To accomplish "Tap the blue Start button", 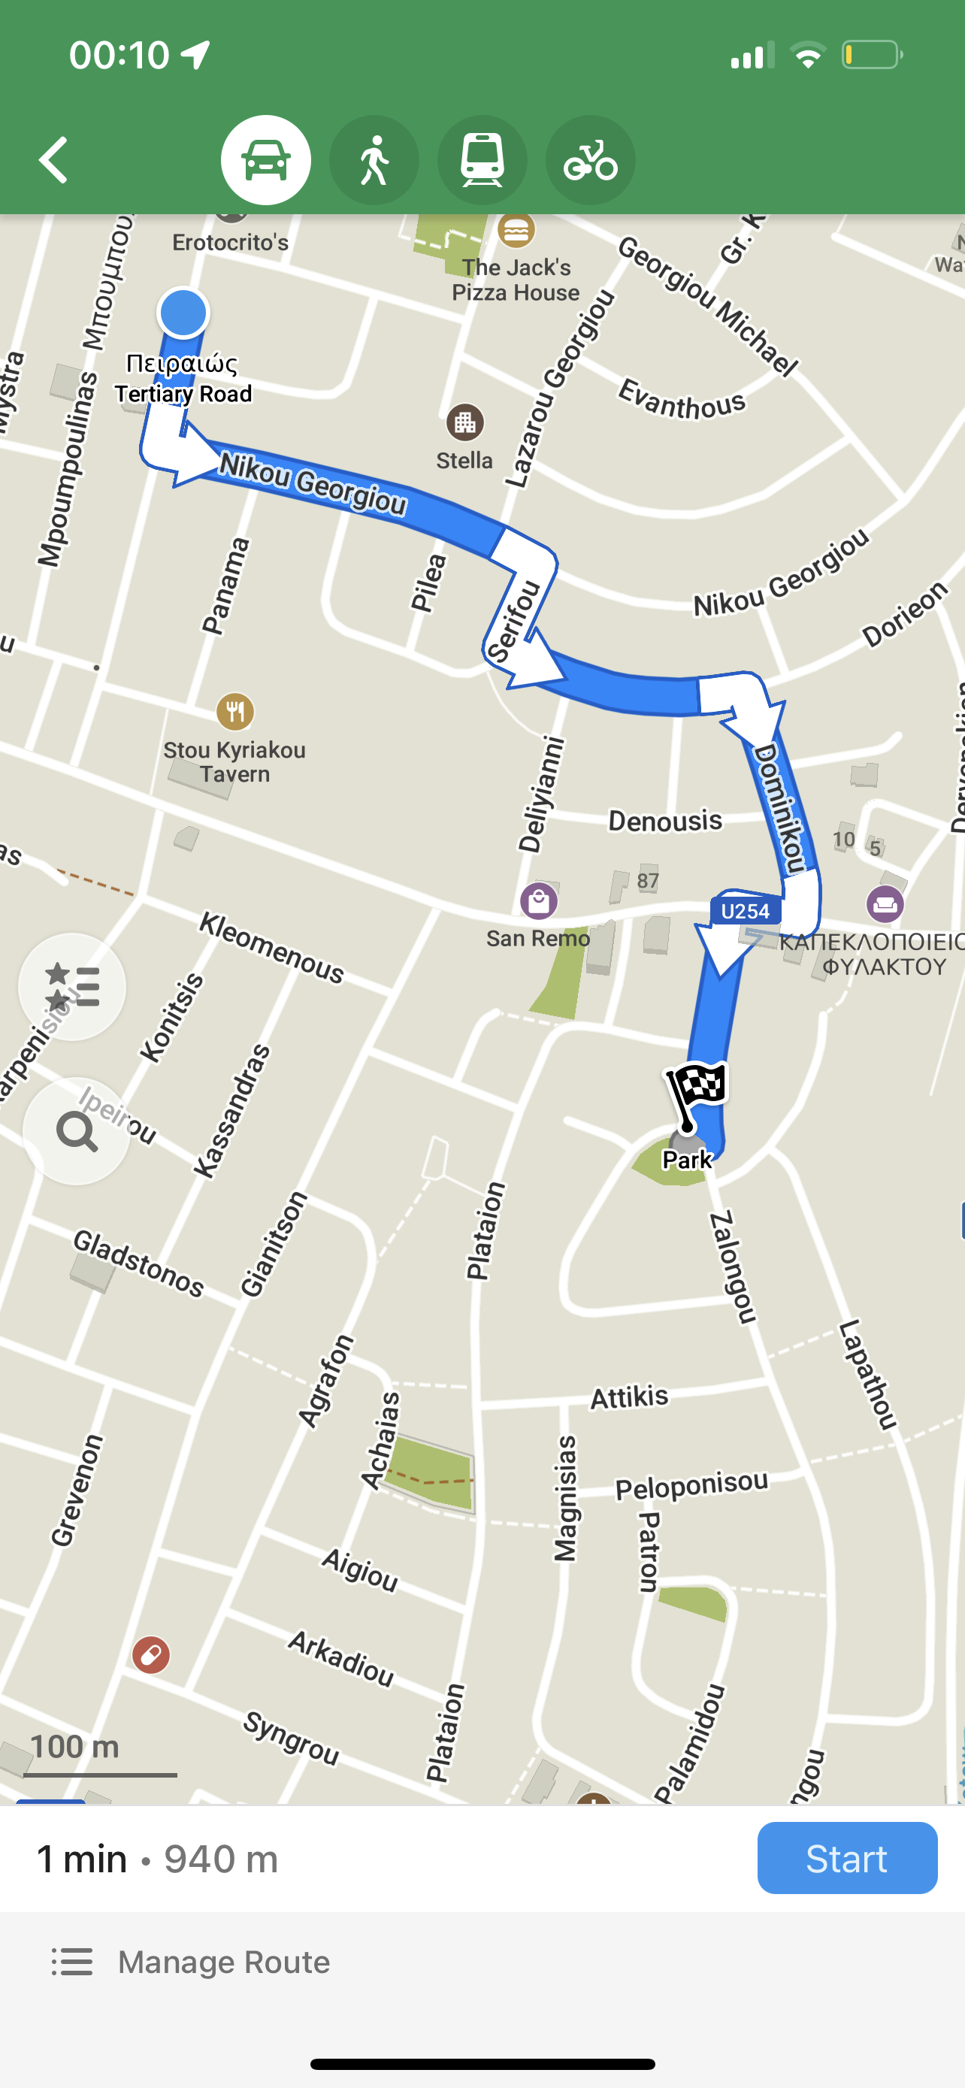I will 847,1859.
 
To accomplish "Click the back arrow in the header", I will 54,159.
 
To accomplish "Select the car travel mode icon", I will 266,159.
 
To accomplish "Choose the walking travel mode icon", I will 374,159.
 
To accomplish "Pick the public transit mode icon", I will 482,159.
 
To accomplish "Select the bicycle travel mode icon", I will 590,159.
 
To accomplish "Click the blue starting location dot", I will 183,313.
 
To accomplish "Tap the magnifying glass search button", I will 76,1131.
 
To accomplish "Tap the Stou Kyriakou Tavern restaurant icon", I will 235,712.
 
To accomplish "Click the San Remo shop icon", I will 539,900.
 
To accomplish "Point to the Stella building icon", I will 465,422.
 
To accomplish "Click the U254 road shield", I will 746,911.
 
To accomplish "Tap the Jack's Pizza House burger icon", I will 516,231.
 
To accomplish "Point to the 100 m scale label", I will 74,1746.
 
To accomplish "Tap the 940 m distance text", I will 221,1859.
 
